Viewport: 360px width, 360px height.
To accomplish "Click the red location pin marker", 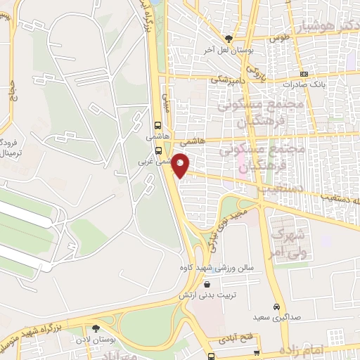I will pos(181,165).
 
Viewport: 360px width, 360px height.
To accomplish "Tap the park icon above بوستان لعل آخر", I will pos(227,39).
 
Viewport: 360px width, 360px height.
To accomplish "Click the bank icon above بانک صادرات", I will pos(303,74).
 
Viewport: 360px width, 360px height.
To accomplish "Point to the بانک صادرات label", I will pos(303,84).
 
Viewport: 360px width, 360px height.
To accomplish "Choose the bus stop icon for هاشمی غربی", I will pos(158,150).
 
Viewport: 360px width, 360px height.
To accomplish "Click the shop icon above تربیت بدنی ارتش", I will pos(208,284).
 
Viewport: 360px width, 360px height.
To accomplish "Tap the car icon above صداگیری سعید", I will pos(278,307).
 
